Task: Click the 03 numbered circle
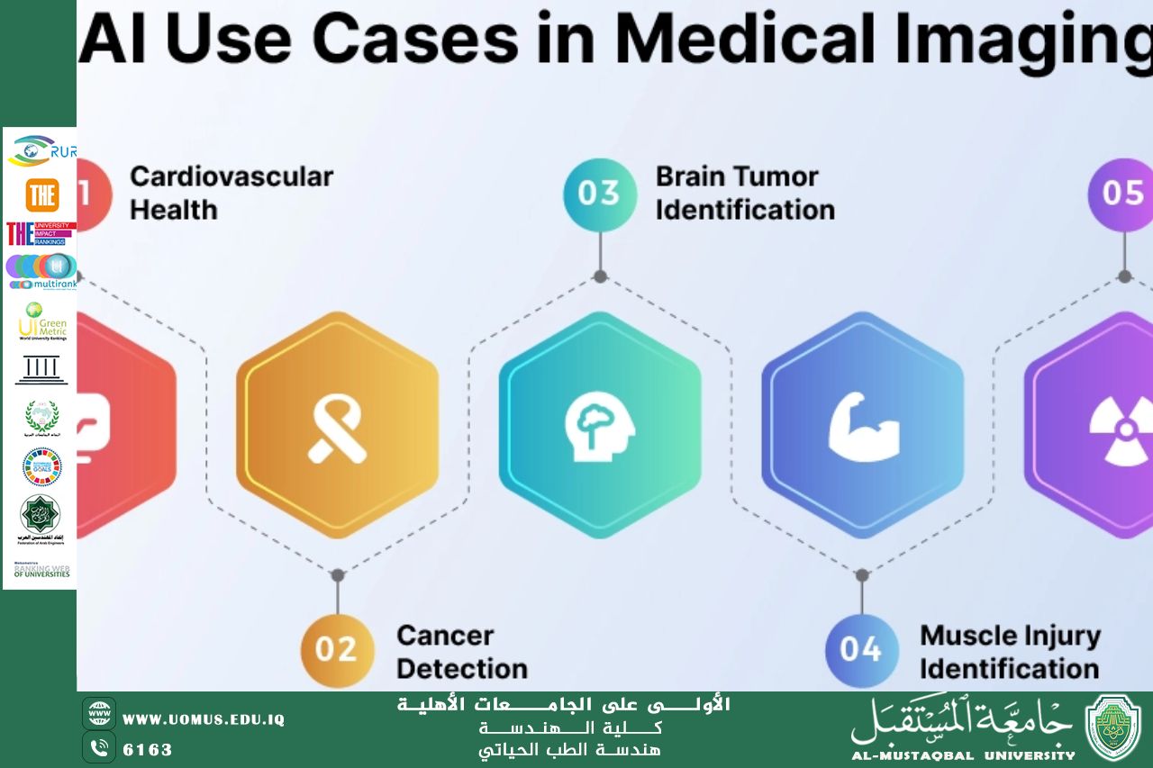599,194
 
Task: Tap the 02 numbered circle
337,649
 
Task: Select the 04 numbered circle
861,649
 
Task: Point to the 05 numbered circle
1122,194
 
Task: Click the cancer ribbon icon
337,426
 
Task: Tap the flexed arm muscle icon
863,426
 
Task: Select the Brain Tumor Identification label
745,193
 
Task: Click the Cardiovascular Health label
231,193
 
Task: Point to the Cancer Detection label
461,652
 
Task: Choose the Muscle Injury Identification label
1009,652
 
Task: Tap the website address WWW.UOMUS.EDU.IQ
204,719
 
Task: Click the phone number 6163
148,749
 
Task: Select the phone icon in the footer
99,747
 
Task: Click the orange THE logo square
41,195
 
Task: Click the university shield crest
1113,727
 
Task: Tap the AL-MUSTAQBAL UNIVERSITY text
963,755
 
